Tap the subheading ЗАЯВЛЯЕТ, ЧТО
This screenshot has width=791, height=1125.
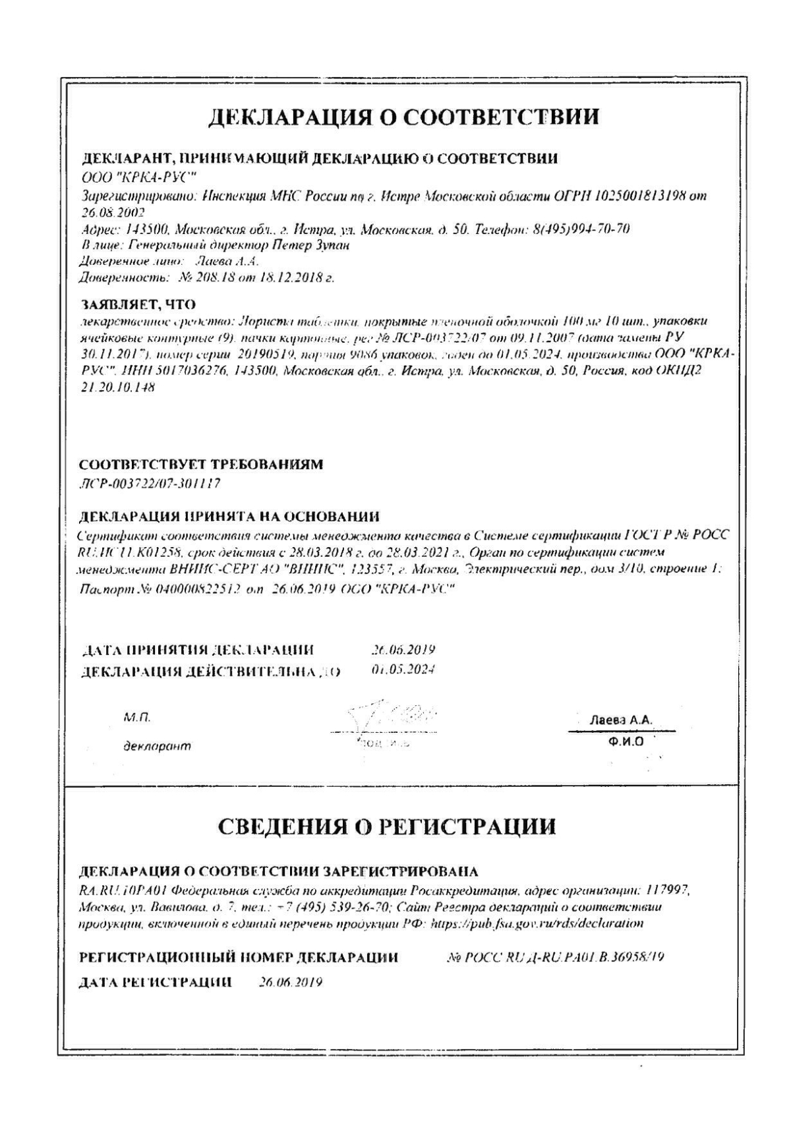pos(138,305)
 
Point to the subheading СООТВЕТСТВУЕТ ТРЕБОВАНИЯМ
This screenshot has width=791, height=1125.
pos(201,465)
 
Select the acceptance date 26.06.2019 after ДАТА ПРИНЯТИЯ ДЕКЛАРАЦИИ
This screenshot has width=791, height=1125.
pos(403,650)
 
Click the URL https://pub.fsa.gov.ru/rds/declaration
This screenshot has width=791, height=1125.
pos(537,923)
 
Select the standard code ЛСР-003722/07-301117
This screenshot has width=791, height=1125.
pos(149,484)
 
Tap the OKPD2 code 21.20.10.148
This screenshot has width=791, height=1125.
pos(117,388)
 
